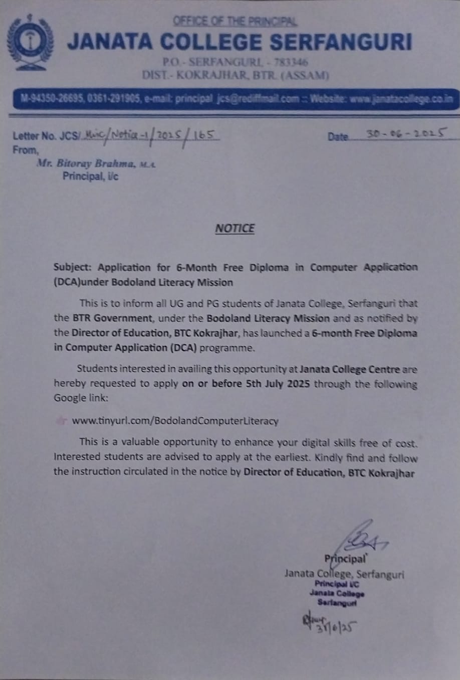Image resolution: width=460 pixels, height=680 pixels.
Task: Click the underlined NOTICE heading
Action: [235, 229]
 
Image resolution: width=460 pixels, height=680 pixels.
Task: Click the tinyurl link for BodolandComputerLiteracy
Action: [175, 421]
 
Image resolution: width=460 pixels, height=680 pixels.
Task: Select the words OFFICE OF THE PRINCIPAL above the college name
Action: [235, 22]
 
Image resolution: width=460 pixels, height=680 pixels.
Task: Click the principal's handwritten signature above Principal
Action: [361, 537]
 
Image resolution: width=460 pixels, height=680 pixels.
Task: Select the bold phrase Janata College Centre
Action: [350, 370]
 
